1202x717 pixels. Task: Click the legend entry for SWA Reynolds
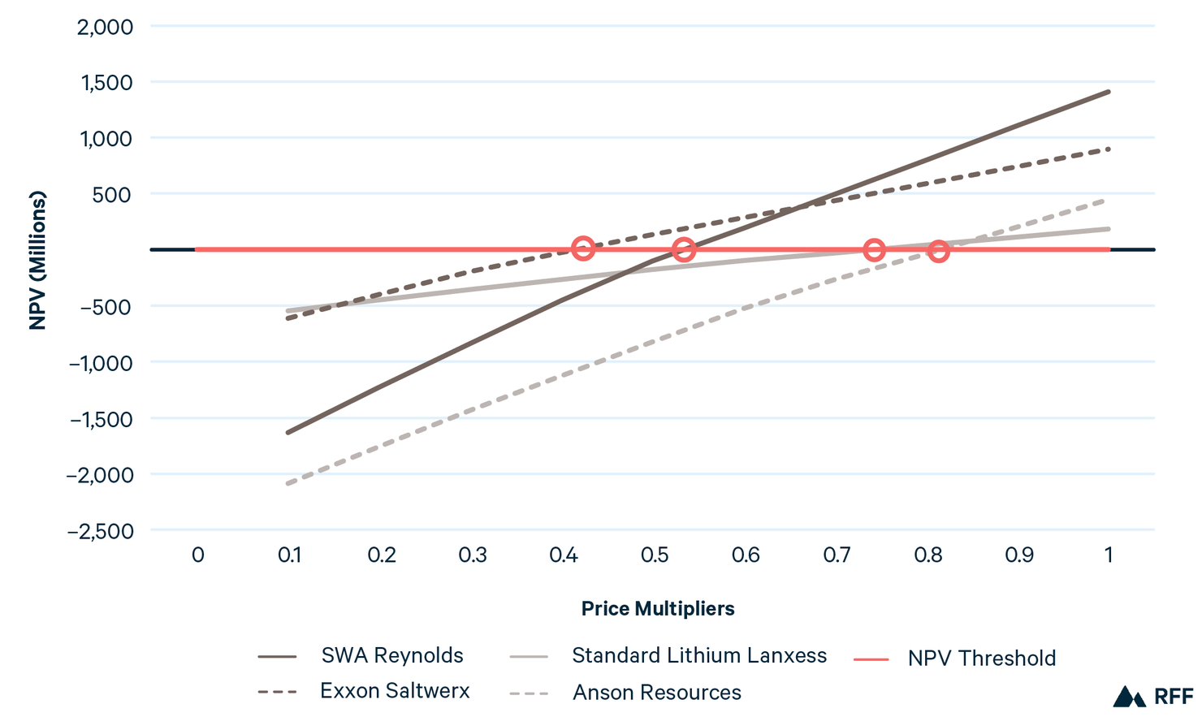(391, 655)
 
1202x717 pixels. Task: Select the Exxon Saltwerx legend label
(395, 691)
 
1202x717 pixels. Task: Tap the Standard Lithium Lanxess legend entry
(698, 655)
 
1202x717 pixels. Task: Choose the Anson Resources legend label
(656, 693)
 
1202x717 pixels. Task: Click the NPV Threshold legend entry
(981, 658)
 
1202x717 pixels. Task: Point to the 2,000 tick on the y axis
(105, 27)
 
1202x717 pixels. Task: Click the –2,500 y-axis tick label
(100, 531)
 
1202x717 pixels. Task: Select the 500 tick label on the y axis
(117, 195)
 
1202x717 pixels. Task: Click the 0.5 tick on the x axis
(655, 555)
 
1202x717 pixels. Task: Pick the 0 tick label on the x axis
(197, 555)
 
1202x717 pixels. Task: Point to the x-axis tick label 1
(1109, 555)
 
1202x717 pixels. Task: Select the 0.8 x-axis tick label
(928, 555)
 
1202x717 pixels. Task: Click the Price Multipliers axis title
(658, 609)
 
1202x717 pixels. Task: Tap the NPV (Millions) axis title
(37, 260)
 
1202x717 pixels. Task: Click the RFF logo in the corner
(1152, 697)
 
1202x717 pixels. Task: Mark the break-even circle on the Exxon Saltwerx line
(582, 248)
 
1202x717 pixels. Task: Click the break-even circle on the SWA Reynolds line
(684, 249)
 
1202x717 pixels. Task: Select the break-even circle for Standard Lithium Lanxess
(874, 249)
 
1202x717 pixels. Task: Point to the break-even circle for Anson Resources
(938, 251)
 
